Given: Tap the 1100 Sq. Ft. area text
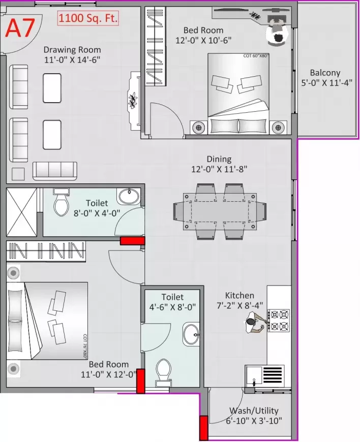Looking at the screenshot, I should pyautogui.click(x=88, y=19).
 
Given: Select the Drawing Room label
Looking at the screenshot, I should pyautogui.click(x=72, y=50).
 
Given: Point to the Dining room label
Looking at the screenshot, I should pyautogui.click(x=219, y=159).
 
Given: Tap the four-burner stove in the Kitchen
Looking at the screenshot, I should pyautogui.click(x=279, y=320).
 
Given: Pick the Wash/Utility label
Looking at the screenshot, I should pyautogui.click(x=254, y=411).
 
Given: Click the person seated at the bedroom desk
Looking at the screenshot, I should pyautogui.click(x=278, y=36).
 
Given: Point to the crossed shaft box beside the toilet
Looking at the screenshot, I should pyautogui.click(x=21, y=212).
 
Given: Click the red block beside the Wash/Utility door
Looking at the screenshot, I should pyautogui.click(x=204, y=427).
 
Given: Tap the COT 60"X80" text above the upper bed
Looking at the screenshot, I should pyautogui.click(x=256, y=55).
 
